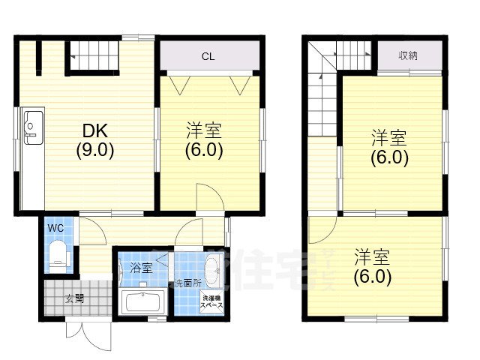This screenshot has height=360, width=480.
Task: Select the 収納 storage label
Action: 409,55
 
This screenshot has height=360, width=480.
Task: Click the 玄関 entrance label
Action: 74,298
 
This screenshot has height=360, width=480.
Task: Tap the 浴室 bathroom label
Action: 141,268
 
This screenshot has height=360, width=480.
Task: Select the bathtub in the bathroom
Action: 142,304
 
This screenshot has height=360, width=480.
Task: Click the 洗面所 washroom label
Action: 187,283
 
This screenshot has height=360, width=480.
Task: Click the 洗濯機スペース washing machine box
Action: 211,304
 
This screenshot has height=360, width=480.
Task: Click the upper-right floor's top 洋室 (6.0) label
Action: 389,148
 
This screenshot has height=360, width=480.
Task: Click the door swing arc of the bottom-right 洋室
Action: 322,229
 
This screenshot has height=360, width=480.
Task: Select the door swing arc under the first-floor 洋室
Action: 208,199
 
